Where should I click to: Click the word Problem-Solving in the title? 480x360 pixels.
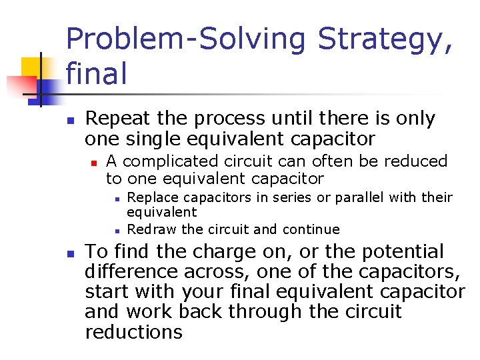(186, 39)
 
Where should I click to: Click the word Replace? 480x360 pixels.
(151, 198)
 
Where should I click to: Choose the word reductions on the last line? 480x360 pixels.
(133, 333)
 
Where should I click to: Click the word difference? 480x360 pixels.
(133, 272)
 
